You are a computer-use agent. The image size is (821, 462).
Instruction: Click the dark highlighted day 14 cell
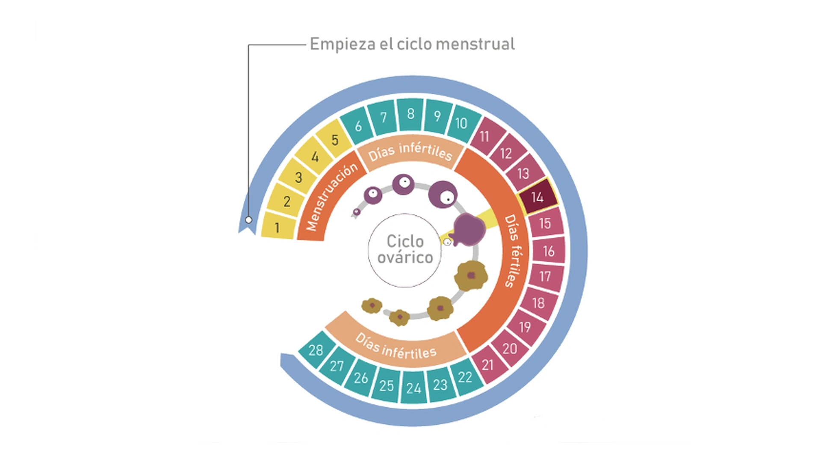pyautogui.click(x=537, y=197)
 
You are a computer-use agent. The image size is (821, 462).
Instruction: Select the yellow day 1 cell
pyautogui.click(x=278, y=227)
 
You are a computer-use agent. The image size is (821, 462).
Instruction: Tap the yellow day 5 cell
pyautogui.click(x=335, y=140)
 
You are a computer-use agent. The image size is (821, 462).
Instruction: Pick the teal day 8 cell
pyautogui.click(x=410, y=114)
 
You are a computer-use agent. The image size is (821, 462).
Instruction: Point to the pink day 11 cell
pyautogui.click(x=484, y=136)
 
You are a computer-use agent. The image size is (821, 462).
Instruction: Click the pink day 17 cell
pyautogui.click(x=545, y=276)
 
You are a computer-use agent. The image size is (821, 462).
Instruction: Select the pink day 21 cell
pyautogui.click(x=488, y=364)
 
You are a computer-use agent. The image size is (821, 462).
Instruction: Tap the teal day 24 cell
pyautogui.click(x=413, y=388)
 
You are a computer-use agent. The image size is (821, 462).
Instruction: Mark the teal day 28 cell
pyautogui.click(x=316, y=350)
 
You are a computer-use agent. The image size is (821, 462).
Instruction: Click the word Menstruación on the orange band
pyautogui.click(x=331, y=197)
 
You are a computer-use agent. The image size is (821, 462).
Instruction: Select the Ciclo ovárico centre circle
pyautogui.click(x=405, y=250)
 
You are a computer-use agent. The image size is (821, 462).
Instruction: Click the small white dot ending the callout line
pyautogui.click(x=248, y=220)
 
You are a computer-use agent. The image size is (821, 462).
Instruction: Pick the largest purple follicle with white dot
pyautogui.click(x=443, y=194)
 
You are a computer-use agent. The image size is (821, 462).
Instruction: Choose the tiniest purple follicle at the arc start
pyautogui.click(x=357, y=211)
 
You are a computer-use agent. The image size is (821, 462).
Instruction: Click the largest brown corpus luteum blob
pyautogui.click(x=471, y=275)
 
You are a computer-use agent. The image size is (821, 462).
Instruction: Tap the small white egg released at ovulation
pyautogui.click(x=447, y=242)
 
